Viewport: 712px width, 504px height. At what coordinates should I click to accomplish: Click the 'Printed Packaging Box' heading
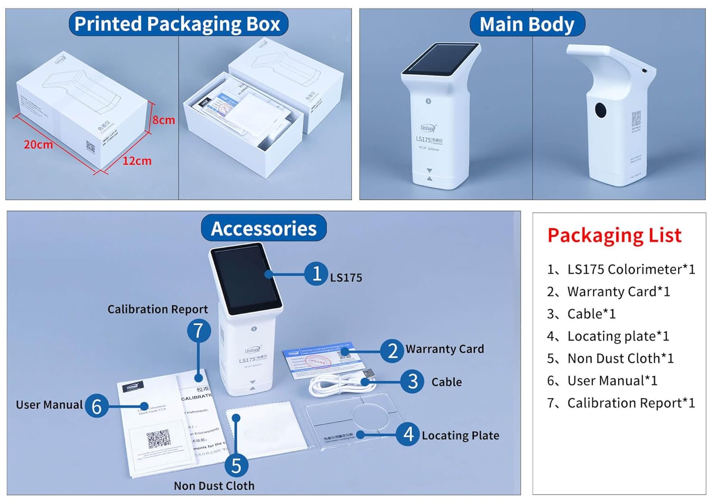click(x=178, y=24)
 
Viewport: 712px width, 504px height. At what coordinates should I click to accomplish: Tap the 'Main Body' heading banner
click(x=527, y=24)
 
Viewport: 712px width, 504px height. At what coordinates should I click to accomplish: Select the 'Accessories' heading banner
click(x=263, y=228)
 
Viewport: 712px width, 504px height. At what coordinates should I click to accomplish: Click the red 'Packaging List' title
click(x=614, y=235)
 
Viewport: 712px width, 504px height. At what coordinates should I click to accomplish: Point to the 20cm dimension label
click(x=38, y=144)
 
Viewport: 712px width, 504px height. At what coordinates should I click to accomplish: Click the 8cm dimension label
click(x=164, y=120)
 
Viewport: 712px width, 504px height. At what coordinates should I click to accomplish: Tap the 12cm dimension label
click(x=137, y=161)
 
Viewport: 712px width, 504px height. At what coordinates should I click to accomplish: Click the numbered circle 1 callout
click(x=316, y=274)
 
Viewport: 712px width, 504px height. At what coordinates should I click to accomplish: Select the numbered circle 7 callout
click(x=198, y=331)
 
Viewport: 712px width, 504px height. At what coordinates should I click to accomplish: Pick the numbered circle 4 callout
click(x=408, y=434)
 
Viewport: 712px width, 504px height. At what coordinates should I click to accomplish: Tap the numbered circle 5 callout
click(x=236, y=466)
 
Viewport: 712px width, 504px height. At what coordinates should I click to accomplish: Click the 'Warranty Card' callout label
click(x=445, y=349)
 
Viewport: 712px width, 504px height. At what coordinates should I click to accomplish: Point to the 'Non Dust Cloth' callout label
click(x=214, y=486)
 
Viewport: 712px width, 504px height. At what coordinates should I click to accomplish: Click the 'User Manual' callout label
click(x=49, y=405)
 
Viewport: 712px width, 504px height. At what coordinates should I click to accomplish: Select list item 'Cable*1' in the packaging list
click(x=591, y=314)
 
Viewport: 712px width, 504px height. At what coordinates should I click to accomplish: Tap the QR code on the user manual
click(x=158, y=439)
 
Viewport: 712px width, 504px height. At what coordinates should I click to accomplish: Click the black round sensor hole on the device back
click(x=600, y=110)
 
